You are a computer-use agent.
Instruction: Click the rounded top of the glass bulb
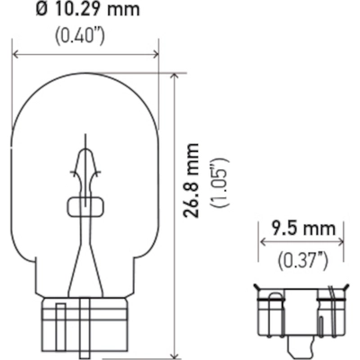pyautogui.click(x=86, y=77)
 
